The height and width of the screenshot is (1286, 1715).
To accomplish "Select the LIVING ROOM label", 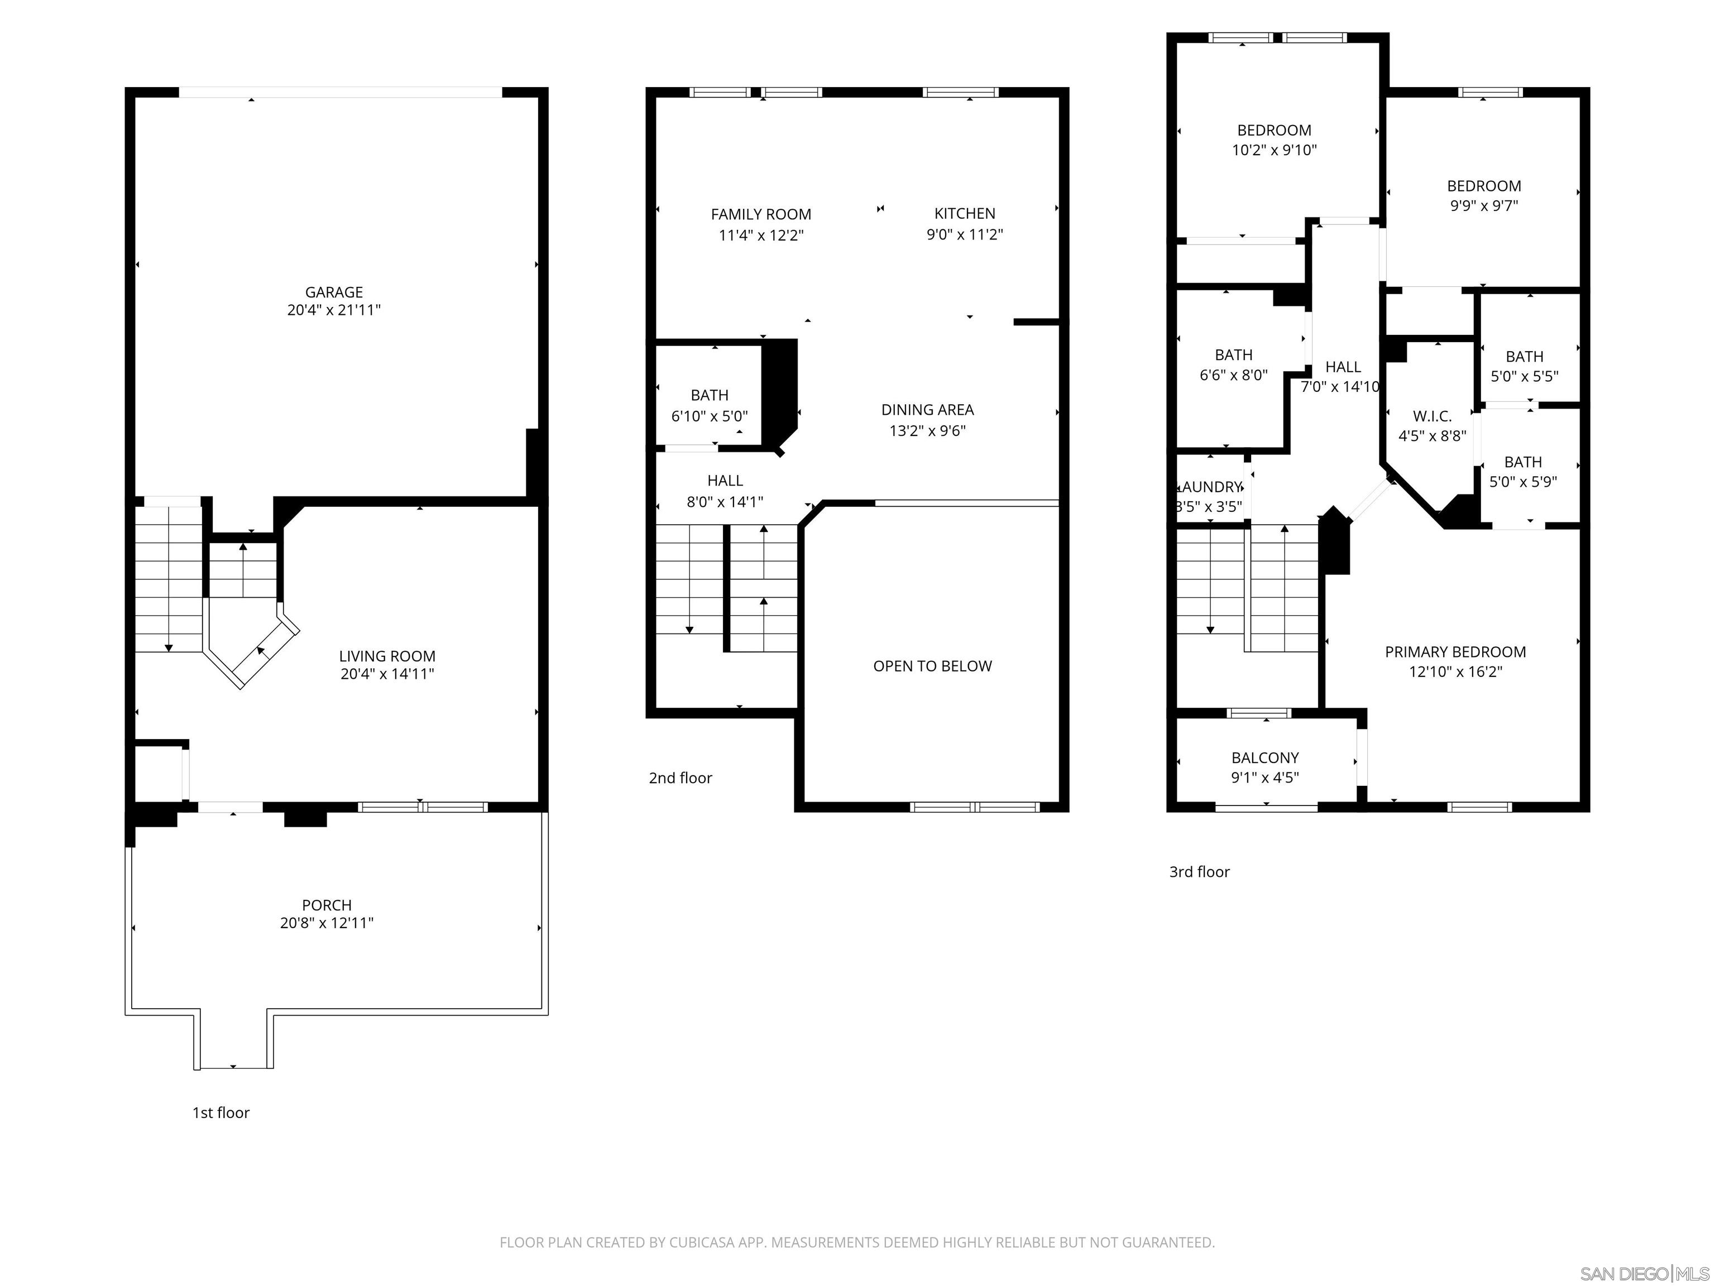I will [x=387, y=656].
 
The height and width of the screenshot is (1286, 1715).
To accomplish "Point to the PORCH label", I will [x=327, y=905].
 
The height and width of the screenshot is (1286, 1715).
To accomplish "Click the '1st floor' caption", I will [x=221, y=1112].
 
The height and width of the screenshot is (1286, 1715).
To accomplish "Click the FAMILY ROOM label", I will [x=760, y=214].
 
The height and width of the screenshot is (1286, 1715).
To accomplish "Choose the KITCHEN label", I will [x=965, y=213].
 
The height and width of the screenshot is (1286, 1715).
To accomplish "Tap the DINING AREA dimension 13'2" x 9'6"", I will [x=927, y=431].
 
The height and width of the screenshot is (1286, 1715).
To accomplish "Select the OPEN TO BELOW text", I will [x=932, y=666].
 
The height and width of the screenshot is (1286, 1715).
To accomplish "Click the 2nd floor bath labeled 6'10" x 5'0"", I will [x=710, y=405].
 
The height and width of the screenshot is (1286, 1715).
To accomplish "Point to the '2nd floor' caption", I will [x=680, y=778].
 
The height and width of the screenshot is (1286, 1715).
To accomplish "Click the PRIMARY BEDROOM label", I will [x=1455, y=652].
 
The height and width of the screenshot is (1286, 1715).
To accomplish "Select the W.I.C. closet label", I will [x=1432, y=416].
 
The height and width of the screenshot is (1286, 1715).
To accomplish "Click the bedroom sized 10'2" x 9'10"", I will [x=1274, y=140].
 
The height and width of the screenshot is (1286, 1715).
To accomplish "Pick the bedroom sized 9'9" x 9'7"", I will [x=1484, y=195].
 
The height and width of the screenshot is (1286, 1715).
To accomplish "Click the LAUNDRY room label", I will [x=1210, y=487].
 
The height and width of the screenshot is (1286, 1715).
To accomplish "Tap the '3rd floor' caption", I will [x=1199, y=871].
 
